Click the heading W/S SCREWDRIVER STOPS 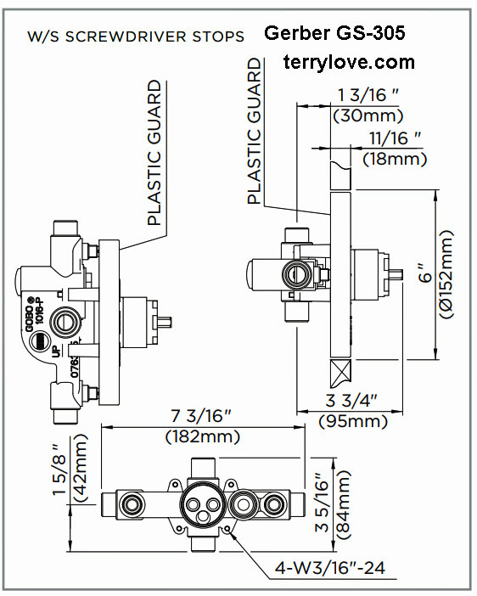137,37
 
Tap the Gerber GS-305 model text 334,34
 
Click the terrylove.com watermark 349,62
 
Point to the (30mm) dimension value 367,115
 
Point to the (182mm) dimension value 202,436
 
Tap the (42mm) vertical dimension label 81,475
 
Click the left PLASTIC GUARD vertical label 154,153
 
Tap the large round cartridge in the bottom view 201,509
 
